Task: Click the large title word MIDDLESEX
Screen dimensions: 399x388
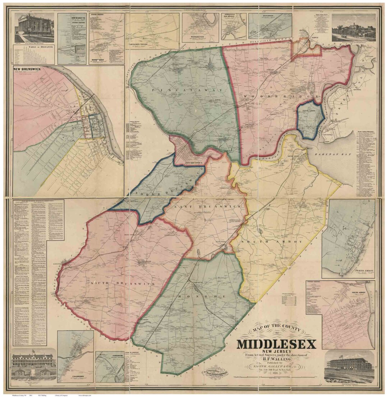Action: [276, 344]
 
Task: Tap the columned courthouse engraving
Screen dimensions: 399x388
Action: [34, 28]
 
